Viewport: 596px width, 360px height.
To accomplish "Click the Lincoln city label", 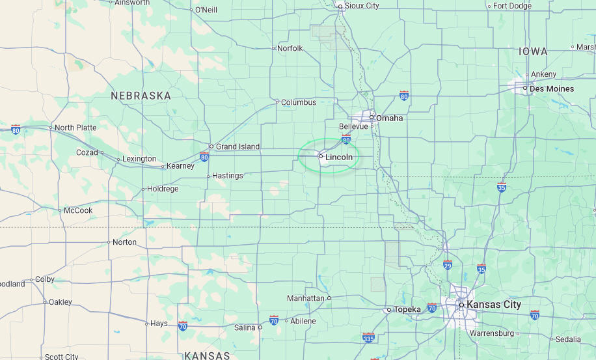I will coord(339,157).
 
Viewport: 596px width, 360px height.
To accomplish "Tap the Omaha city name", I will coord(389,118).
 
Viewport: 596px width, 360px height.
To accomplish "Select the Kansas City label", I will coord(494,305).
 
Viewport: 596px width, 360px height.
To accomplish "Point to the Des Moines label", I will coord(552,89).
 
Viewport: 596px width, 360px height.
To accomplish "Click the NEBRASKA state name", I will coord(141,96).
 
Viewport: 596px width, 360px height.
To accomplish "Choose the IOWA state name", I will coord(533,51).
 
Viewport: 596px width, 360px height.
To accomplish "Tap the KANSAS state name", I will coord(207,355).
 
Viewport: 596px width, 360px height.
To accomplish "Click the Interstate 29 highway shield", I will coord(448,265).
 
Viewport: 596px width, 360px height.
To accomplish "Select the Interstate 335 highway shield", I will coord(369,337).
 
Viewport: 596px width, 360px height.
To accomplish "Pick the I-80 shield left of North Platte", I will coord(16,129).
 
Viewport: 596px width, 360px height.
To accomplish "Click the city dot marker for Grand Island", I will coord(211,146).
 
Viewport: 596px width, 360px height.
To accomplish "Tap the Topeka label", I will coord(407,309).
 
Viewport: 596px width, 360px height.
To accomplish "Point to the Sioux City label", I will coord(362,6).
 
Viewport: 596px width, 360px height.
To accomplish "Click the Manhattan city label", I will coord(305,298).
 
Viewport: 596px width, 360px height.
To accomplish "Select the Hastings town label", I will coord(228,176).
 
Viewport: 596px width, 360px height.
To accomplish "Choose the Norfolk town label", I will coord(290,48).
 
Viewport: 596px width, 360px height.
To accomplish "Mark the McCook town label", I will coord(78,210).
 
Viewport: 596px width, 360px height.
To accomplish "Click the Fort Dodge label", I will coord(512,6).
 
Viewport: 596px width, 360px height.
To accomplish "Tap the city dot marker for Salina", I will coord(260,327).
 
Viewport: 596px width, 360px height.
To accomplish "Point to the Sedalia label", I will coord(567,339).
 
